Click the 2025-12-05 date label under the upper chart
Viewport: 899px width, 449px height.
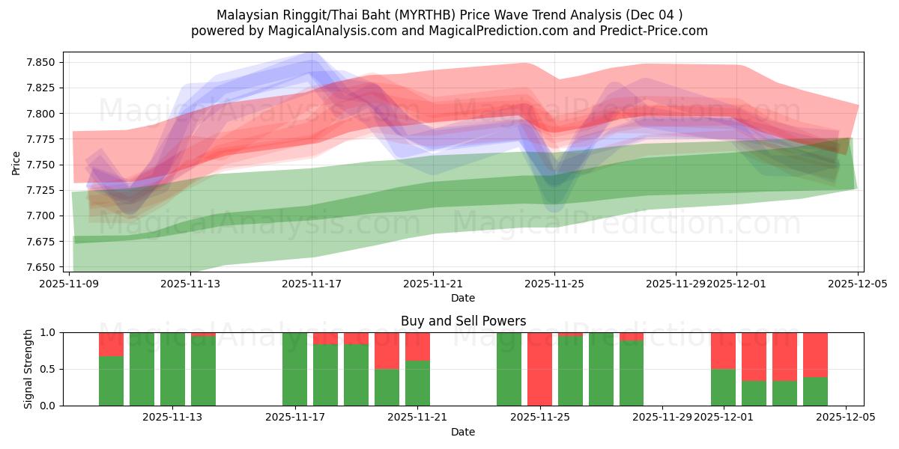858,284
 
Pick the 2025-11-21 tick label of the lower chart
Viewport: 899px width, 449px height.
417,418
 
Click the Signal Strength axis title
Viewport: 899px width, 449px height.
28,369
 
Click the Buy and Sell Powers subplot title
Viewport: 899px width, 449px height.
463,321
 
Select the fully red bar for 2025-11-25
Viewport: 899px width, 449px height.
540,369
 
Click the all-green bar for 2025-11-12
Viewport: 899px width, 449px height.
142,369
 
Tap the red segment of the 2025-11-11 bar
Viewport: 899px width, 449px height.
111,344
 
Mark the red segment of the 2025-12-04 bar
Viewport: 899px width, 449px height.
815,355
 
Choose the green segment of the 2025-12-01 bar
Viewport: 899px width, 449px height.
723,387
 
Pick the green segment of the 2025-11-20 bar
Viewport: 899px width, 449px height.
387,387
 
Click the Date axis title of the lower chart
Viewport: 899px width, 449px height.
463,432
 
